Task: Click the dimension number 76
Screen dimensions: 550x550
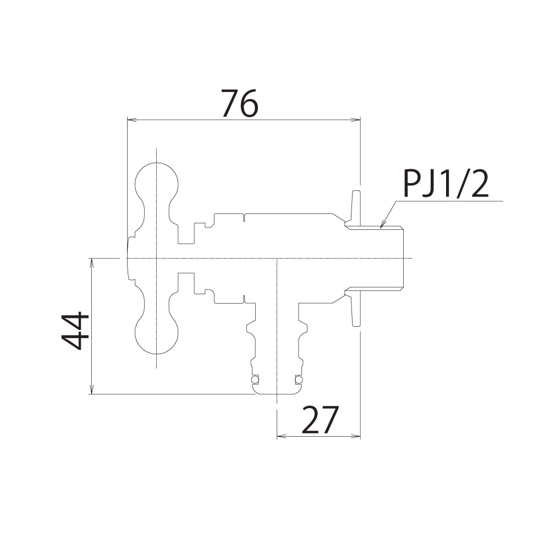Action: [x=240, y=104]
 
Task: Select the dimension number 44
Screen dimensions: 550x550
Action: [x=75, y=331]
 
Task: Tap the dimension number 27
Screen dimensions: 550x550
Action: [x=320, y=420]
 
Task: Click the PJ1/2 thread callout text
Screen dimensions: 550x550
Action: [x=446, y=184]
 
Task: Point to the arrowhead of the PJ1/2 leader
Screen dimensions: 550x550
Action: [x=381, y=225]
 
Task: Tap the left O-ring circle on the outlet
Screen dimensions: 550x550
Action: [x=255, y=380]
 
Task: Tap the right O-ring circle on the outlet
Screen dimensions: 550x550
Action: [x=299, y=380]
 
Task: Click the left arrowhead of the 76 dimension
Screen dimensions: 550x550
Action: [x=130, y=119]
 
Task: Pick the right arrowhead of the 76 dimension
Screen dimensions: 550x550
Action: [x=358, y=119]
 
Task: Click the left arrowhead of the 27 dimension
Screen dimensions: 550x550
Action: [x=279, y=436]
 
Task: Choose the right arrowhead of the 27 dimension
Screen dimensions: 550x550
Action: [x=358, y=436]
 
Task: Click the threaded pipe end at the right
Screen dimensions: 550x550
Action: [x=385, y=258]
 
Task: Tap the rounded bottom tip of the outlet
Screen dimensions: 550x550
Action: [x=277, y=392]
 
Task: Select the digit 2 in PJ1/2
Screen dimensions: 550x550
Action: [x=479, y=184]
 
